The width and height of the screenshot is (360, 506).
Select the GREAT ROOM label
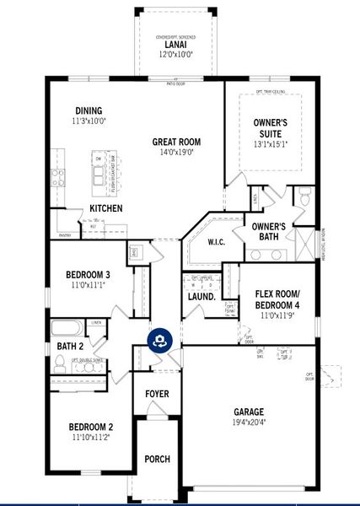175,142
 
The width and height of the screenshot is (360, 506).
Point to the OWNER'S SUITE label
271,127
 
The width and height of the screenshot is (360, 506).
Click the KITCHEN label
106,208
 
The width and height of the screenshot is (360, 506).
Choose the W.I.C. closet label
218,242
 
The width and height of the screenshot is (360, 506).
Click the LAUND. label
201,297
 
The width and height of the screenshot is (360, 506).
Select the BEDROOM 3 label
88,274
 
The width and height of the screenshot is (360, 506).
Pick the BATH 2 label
70,346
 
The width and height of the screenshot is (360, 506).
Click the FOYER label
158,394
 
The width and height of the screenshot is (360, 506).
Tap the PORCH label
158,459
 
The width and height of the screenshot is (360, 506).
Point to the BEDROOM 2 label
90,427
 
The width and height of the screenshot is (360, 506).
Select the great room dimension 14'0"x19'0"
175,153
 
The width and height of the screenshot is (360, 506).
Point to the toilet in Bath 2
60,363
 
